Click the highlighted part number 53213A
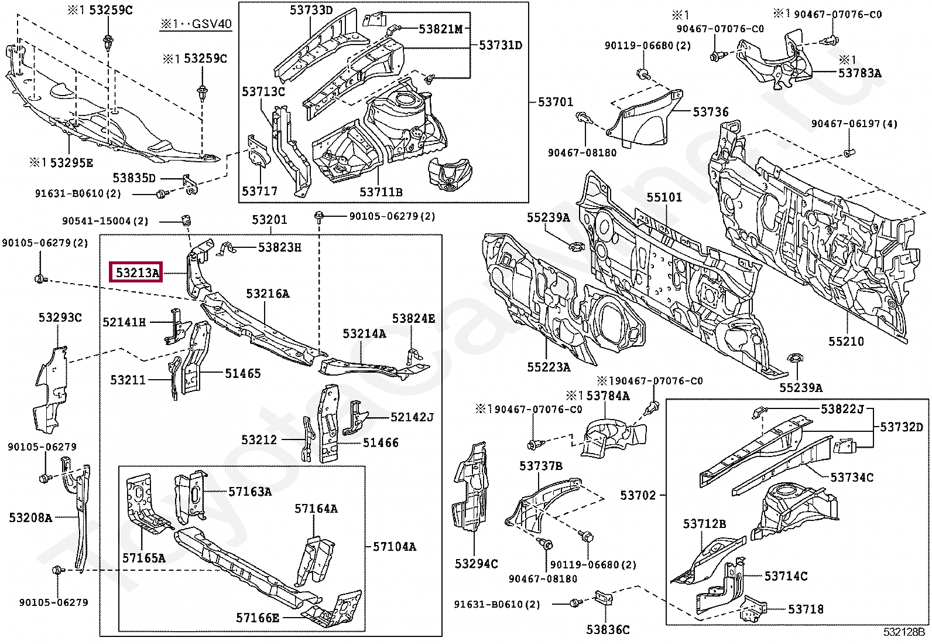[138, 273]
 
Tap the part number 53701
[556, 101]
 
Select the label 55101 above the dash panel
[664, 197]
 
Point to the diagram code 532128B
[906, 632]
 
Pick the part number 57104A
[394, 546]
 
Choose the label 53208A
[31, 517]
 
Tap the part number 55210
[846, 341]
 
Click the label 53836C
[608, 629]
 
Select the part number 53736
[710, 112]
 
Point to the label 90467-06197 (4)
[854, 124]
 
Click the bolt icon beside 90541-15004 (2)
[187, 220]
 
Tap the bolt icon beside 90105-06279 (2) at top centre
[319, 216]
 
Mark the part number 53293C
[60, 318]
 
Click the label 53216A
[268, 294]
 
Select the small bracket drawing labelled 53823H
[227, 248]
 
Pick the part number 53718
[806, 609]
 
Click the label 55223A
[549, 367]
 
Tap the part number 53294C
[476, 564]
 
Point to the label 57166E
[258, 618]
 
